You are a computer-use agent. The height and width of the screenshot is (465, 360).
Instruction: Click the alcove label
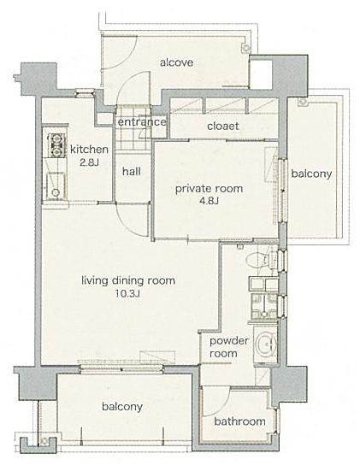coord(177,62)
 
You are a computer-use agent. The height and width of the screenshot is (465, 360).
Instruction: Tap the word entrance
coord(142,122)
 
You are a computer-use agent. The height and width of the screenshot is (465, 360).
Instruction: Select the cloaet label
coord(223,126)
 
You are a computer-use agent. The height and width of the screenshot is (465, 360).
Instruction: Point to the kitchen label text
coord(89,150)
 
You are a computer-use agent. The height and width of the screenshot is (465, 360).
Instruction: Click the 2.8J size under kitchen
coord(89,162)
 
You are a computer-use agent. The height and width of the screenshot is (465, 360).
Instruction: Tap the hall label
coord(132,171)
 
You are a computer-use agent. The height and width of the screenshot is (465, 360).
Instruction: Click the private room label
coord(209,189)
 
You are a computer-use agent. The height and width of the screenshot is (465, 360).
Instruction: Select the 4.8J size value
coord(209,202)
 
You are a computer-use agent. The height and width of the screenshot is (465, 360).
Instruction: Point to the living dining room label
coord(128,280)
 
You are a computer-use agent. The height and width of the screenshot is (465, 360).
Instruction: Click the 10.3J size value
coord(128,293)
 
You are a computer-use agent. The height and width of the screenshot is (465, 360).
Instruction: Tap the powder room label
coord(229,347)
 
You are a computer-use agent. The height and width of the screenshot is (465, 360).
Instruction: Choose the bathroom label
coord(239,421)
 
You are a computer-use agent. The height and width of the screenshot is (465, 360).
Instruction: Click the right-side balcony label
coord(311,174)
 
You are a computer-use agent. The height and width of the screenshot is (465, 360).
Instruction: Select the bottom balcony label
coord(122,407)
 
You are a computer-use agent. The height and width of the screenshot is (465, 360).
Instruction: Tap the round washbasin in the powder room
coord(266,344)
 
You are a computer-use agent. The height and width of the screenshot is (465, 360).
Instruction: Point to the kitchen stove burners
coord(56,145)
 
